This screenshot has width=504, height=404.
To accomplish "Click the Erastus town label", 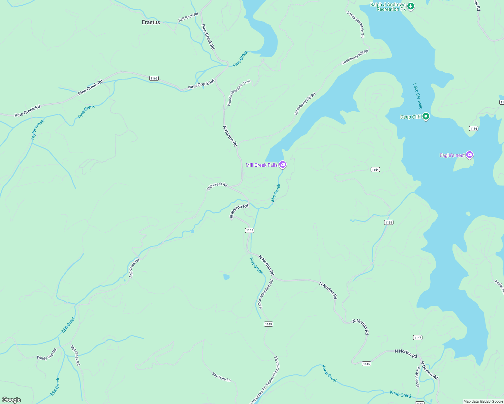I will (x=151, y=22).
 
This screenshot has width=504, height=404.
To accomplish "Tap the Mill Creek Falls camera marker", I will (x=283, y=165).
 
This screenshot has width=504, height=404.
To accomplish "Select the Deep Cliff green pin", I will (x=426, y=116).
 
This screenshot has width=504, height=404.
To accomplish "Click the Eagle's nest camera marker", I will (x=470, y=155).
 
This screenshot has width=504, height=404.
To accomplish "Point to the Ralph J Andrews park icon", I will (x=410, y=6).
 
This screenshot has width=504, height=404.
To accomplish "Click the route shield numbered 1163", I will (x=154, y=78).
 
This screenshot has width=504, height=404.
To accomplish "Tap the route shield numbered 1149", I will (x=268, y=324).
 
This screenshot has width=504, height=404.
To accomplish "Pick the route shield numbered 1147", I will (x=418, y=337).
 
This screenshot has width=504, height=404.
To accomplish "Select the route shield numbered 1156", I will (x=474, y=128).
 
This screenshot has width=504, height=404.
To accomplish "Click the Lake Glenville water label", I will (x=418, y=96).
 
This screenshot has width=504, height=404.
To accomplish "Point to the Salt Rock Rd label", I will (x=188, y=17).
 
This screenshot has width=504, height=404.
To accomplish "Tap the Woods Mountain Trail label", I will (x=239, y=93).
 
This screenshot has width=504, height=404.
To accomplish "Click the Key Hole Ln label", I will (x=221, y=377).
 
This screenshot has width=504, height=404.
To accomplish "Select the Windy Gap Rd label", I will (x=47, y=355).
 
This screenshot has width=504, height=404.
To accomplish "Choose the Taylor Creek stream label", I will (x=37, y=130).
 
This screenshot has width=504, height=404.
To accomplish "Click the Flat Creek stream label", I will (x=256, y=266).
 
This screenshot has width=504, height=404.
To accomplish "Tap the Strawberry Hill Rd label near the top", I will (x=355, y=57).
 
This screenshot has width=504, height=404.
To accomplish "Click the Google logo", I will (x=11, y=400).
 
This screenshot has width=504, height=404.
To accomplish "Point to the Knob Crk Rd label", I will (x=417, y=377).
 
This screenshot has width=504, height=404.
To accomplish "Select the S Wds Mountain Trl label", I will (x=355, y=24).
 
